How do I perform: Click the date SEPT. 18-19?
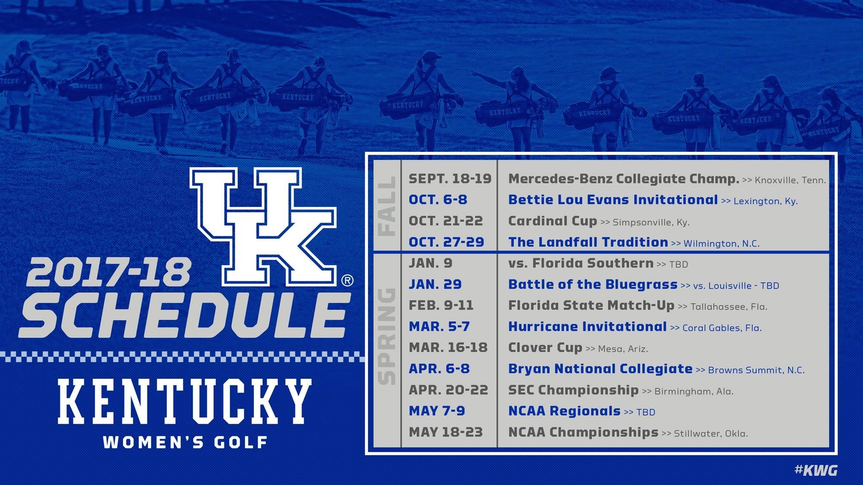(x=450, y=178)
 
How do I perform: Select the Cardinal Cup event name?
(x=552, y=221)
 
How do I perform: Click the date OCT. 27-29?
(x=447, y=242)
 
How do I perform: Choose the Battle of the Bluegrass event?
(x=593, y=284)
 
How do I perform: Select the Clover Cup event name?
(x=545, y=347)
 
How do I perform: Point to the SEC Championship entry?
(x=573, y=390)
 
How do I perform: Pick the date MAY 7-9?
(x=437, y=411)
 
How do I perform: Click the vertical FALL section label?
(x=387, y=206)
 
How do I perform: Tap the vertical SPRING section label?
(x=387, y=336)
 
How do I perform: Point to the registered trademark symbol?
(x=347, y=281)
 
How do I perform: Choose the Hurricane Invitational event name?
(x=588, y=326)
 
